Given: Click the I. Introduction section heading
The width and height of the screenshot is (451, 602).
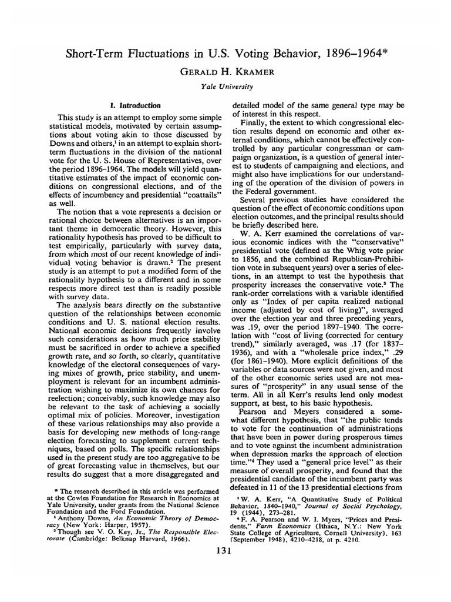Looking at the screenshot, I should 136,105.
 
